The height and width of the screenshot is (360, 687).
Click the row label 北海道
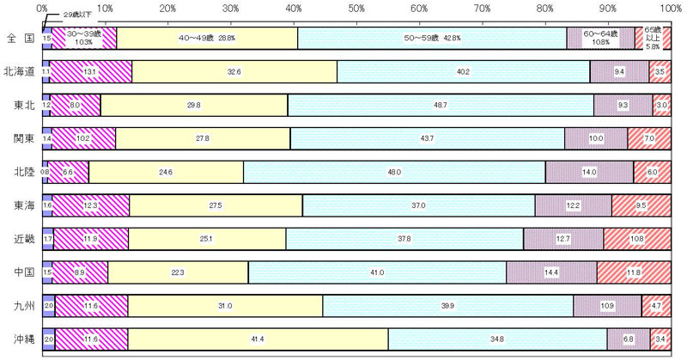pyautogui.click(x=19, y=71)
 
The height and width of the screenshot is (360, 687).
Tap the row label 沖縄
pyautogui.click(x=19, y=339)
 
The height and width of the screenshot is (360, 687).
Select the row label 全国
pyautogui.click(x=19, y=39)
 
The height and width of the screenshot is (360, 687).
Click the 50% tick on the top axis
pyautogui.click(x=356, y=7)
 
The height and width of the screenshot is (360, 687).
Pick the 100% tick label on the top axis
pyautogui.click(x=671, y=7)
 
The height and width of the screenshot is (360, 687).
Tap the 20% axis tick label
pyautogui.click(x=168, y=7)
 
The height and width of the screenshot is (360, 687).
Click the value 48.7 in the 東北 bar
pyautogui.click(x=441, y=105)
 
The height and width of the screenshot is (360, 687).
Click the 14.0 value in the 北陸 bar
pyautogui.click(x=589, y=172)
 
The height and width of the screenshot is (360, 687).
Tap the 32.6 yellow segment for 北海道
pyautogui.click(x=234, y=72)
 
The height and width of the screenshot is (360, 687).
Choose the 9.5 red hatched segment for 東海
pyautogui.click(x=641, y=205)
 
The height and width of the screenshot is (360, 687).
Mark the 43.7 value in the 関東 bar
pyautogui.click(x=427, y=138)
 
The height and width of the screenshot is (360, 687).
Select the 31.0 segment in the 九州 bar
pyautogui.click(x=225, y=306)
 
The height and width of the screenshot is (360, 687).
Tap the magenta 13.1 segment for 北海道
pyautogui.click(x=92, y=72)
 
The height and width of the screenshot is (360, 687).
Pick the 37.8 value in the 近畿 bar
pyautogui.click(x=404, y=239)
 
